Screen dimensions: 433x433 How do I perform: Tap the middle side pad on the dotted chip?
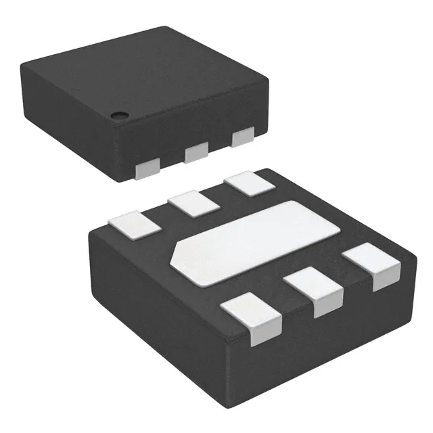(x=196, y=152)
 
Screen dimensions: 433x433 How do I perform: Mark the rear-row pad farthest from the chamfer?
(x=246, y=184)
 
